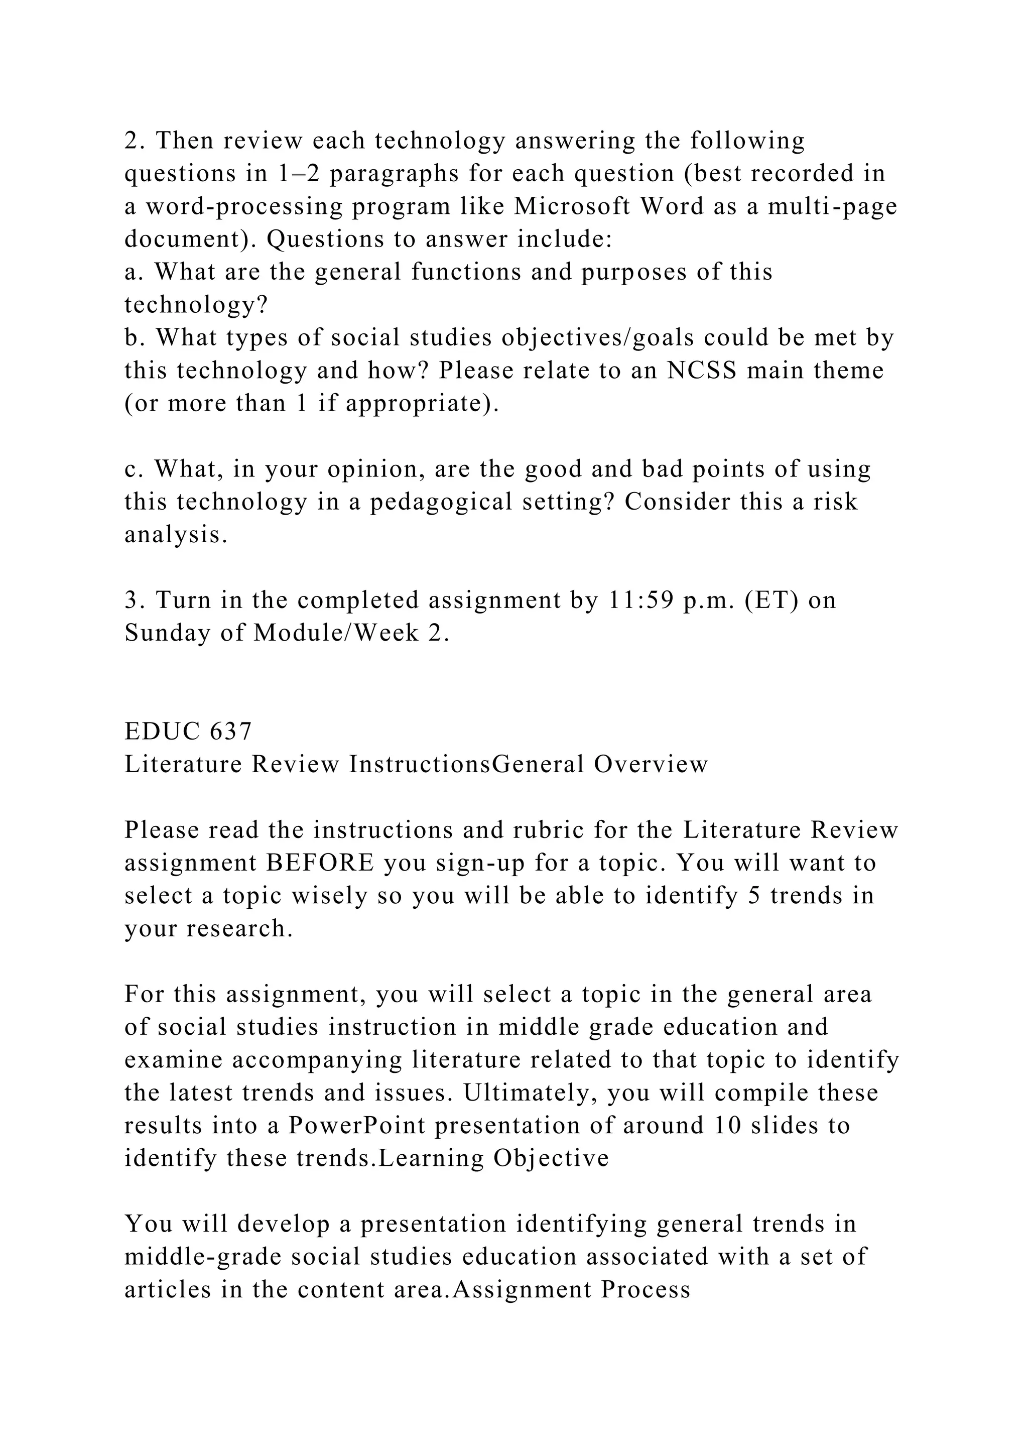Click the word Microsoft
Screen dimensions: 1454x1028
click(x=572, y=206)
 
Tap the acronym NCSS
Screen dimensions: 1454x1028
click(x=702, y=371)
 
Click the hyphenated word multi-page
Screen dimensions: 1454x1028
click(x=833, y=206)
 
